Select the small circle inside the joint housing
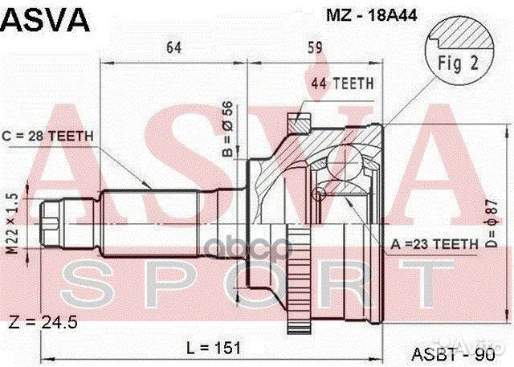[320, 193]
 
